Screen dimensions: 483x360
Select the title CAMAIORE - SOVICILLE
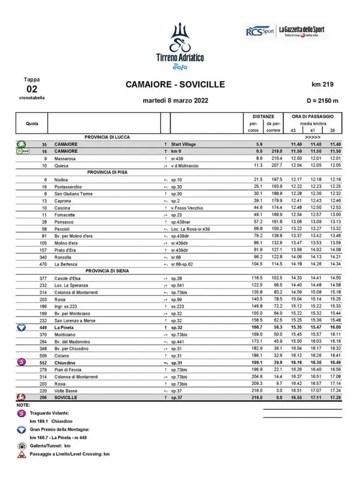click(x=175, y=84)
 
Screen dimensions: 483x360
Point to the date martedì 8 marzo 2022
click(x=175, y=100)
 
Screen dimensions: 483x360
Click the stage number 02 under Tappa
click(x=32, y=89)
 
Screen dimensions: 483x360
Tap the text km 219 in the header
click(x=323, y=84)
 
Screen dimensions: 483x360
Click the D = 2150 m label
click(x=322, y=100)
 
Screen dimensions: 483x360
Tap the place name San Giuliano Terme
click(x=74, y=193)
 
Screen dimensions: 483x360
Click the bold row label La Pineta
click(x=65, y=327)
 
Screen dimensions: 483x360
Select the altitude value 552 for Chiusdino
click(x=44, y=363)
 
